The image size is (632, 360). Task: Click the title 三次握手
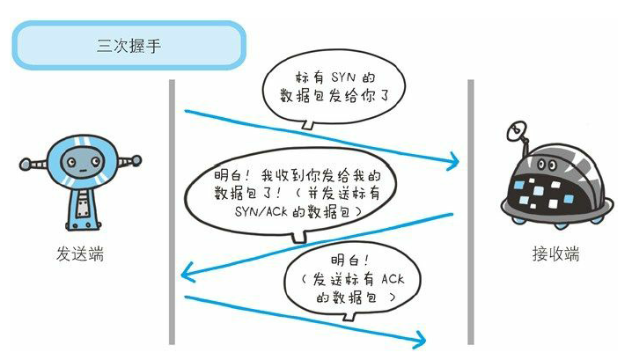coord(128,45)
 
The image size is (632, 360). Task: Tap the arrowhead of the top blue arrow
coord(456,161)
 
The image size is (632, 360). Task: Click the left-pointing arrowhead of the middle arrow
coord(184,277)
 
